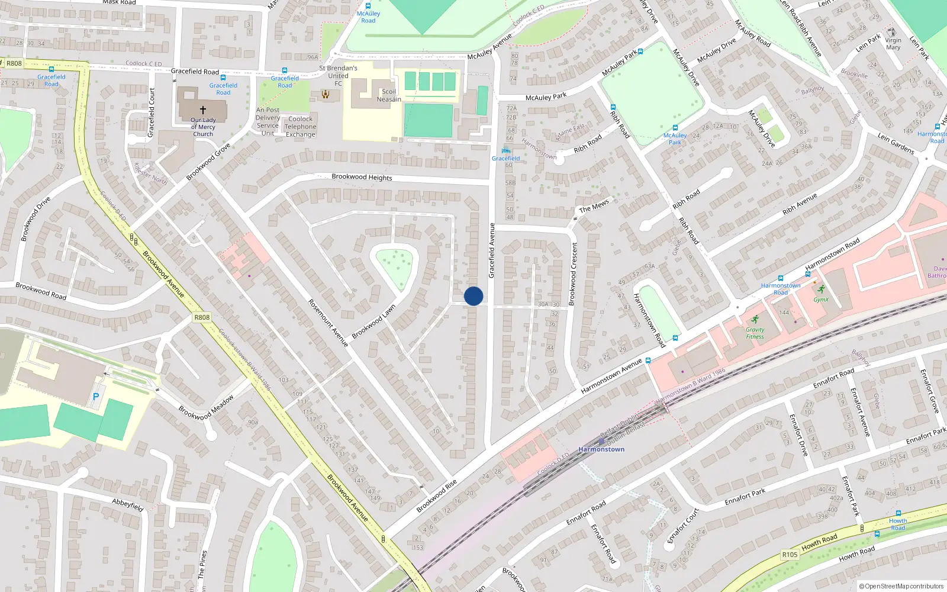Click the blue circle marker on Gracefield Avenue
[474, 296]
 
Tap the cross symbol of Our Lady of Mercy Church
[203, 110]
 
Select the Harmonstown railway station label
[601, 449]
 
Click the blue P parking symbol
[95, 397]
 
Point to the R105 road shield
[790, 555]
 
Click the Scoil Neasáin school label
[389, 95]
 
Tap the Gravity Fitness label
[755, 333]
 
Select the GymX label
[821, 300]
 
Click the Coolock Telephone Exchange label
[301, 127]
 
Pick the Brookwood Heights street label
[362, 177]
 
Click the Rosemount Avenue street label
[328, 323]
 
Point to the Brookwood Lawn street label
[373, 322]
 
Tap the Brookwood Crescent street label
[572, 274]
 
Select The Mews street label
[594, 206]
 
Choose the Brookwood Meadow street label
[206, 408]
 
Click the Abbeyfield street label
[128, 505]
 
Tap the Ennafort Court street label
[684, 525]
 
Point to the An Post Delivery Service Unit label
[268, 121]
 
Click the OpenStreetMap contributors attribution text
[901, 586]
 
